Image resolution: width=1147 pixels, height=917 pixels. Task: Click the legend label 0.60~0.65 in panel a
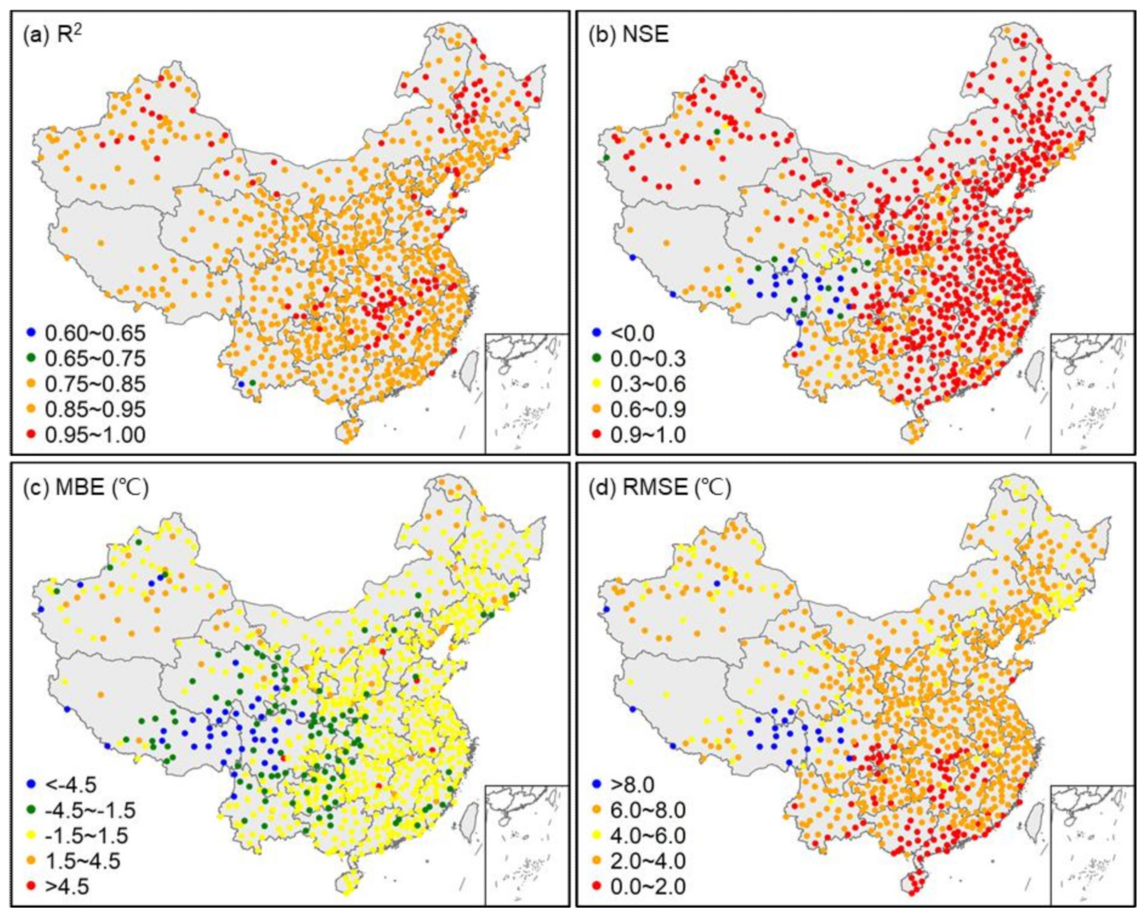95,334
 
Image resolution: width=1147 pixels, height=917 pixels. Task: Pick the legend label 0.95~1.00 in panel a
95,435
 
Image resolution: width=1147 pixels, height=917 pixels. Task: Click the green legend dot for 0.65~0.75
30,359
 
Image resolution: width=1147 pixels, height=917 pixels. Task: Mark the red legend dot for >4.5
30,887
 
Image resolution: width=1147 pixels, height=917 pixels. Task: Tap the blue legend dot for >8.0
597,785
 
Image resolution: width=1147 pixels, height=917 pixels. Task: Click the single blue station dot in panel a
241,384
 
